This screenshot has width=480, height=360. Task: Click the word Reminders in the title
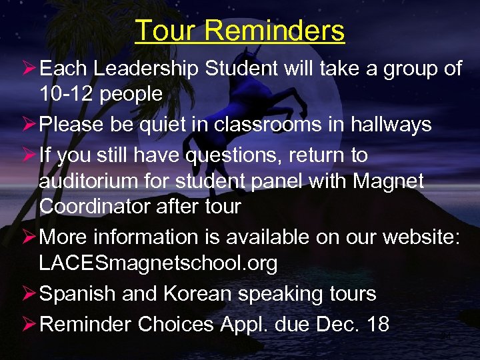pyautogui.click(x=274, y=31)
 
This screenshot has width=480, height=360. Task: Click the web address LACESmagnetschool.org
pyautogui.click(x=158, y=263)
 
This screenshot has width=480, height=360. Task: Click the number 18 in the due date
pyautogui.click(x=377, y=324)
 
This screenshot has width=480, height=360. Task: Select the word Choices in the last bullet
pyautogui.click(x=174, y=324)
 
